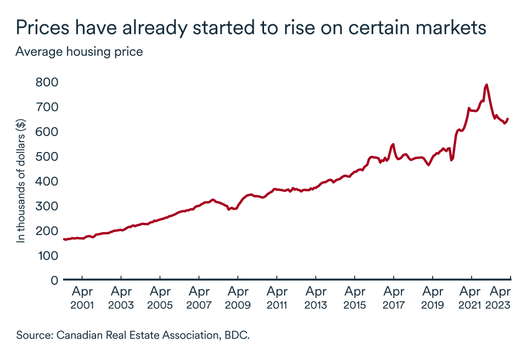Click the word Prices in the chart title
pyautogui.click(x=43, y=27)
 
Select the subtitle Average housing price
pyautogui.click(x=79, y=52)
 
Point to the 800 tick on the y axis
pyautogui.click(x=47, y=82)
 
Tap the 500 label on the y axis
pyautogui.click(x=47, y=156)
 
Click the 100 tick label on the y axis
pyautogui.click(x=47, y=256)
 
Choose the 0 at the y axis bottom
pyautogui.click(x=54, y=280)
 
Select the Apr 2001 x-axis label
pyautogui.click(x=82, y=298)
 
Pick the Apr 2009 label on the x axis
pyautogui.click(x=238, y=298)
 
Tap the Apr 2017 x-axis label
pyautogui.click(x=394, y=298)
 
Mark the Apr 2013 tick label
pyautogui.click(x=316, y=298)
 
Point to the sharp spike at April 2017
pyautogui.click(x=393, y=144)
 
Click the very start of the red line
pyautogui.click(x=64, y=239)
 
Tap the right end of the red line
pyautogui.click(x=508, y=119)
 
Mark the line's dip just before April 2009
pyautogui.click(x=229, y=210)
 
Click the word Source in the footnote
pyautogui.click(x=33, y=335)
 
